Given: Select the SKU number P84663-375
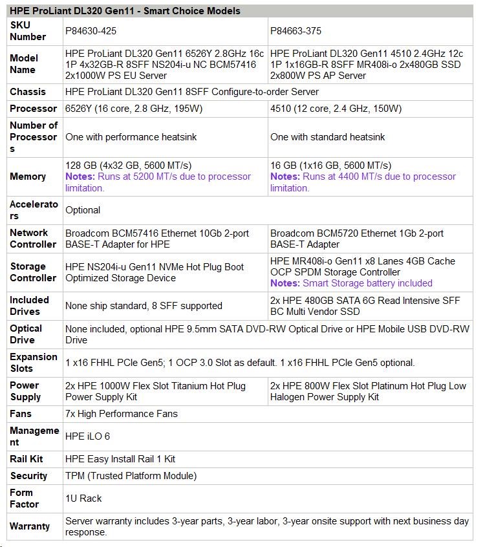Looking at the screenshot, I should (296, 31).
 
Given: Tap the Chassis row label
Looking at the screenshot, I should (28, 92).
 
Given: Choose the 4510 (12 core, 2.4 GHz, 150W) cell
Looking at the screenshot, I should (336, 109).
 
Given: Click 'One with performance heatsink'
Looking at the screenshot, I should (131, 137).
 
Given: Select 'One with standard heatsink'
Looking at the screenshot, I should (327, 137).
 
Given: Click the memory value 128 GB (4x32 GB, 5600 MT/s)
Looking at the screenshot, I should (128, 166).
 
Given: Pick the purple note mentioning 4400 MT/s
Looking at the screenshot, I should (363, 182).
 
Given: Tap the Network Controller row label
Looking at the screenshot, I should (33, 239).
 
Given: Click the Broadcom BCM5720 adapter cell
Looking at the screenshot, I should (357, 239).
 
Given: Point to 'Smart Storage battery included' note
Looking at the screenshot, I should (367, 283).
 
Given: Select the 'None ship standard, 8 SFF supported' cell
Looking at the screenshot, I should (144, 306).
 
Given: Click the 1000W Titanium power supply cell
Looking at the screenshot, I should (155, 391).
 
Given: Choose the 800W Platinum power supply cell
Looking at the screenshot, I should (368, 391).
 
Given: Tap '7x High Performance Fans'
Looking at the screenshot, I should (122, 414).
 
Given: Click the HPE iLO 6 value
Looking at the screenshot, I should (87, 436).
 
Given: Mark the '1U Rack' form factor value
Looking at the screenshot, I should (83, 499).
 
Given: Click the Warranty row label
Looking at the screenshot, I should (30, 526).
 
